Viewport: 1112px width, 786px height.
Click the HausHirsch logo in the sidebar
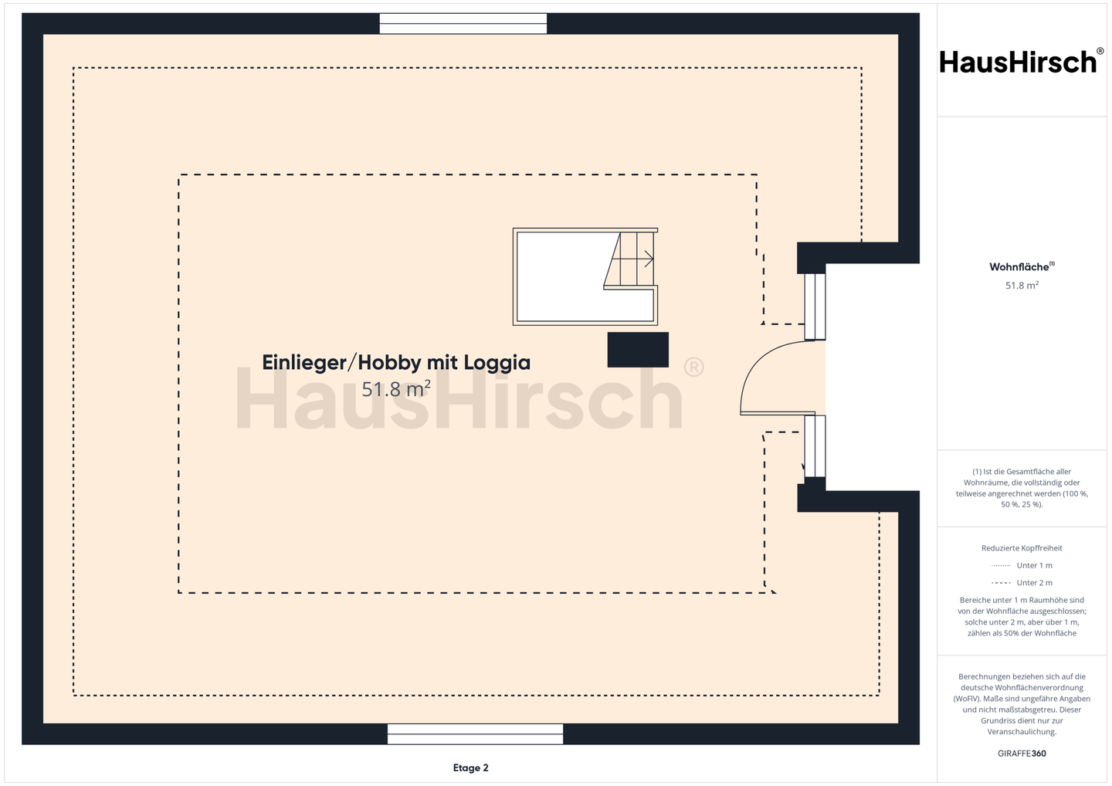pos(1022,62)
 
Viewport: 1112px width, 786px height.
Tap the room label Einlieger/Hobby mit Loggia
pos(396,363)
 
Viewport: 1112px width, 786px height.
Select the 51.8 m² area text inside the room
pos(395,389)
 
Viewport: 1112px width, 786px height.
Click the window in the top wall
pos(463,23)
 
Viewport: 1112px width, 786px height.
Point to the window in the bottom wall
pos(475,734)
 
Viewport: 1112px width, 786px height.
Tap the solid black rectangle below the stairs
pos(638,350)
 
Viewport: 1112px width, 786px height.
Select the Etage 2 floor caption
pos(470,767)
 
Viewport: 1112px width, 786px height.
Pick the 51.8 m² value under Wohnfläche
pos(1022,286)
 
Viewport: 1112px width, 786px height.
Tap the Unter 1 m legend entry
pos(1022,565)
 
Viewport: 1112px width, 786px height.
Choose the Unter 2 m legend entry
pos(1022,583)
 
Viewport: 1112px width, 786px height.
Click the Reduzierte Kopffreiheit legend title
pos(1022,548)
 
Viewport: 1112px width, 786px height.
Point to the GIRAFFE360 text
pos(1022,754)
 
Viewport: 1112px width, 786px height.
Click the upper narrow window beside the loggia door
pos(815,307)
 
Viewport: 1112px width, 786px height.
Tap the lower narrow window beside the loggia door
pos(815,446)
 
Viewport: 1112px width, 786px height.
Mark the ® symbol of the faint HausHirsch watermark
pos(693,368)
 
